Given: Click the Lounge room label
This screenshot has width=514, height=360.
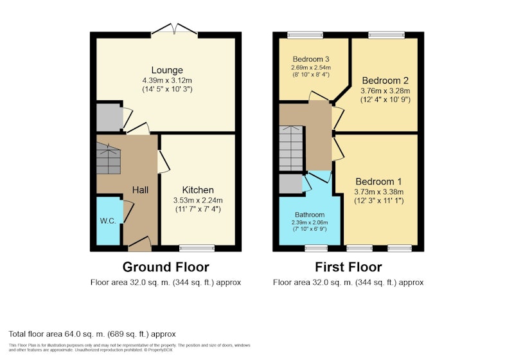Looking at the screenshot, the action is click(x=167, y=70).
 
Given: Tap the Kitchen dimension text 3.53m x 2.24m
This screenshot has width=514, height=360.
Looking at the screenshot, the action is click(x=198, y=201).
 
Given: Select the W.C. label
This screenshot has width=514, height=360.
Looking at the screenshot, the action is click(x=108, y=221).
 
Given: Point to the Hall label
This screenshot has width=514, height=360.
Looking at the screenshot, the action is click(x=140, y=190).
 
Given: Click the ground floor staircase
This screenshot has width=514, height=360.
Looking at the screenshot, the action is click(x=109, y=159).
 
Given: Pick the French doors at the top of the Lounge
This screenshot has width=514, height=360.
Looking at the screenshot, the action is click(x=174, y=29).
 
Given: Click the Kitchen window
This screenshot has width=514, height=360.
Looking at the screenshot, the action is click(x=197, y=248).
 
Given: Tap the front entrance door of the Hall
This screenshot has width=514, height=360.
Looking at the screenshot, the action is click(x=139, y=244).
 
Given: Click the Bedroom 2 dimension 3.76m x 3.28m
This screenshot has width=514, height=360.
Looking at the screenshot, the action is click(x=385, y=91).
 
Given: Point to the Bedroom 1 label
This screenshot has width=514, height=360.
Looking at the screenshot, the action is click(x=378, y=181).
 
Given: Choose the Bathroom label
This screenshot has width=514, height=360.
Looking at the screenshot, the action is click(x=310, y=215).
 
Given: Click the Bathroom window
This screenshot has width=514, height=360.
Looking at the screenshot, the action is click(x=316, y=248).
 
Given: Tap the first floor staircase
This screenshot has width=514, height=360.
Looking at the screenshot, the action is click(x=291, y=148).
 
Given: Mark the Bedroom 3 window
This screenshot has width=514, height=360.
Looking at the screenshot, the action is click(x=305, y=35).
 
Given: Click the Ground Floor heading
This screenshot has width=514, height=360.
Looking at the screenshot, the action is click(x=166, y=267).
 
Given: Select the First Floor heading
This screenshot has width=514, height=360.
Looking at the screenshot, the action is click(x=348, y=267).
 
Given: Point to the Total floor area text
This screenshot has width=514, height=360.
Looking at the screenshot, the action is click(x=92, y=334).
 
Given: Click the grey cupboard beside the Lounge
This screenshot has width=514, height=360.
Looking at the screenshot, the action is click(x=109, y=118).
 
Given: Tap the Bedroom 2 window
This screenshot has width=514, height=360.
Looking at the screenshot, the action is click(x=387, y=35).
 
